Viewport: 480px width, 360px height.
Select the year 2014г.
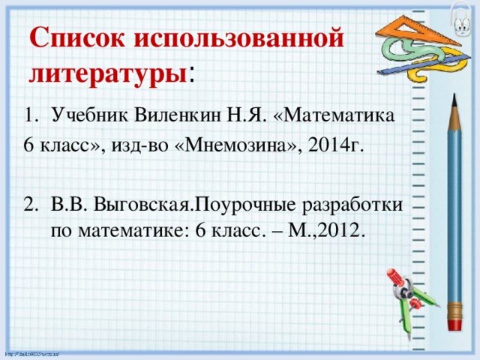coord(337,146)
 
